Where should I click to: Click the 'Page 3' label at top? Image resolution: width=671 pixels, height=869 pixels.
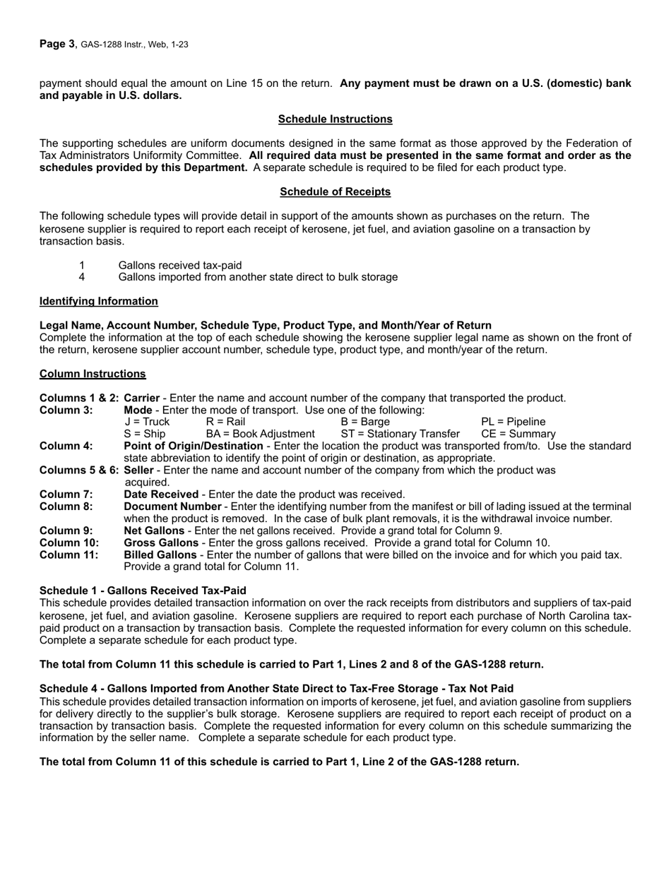pos(57,44)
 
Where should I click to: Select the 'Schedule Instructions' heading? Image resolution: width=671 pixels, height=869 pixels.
pos(335,119)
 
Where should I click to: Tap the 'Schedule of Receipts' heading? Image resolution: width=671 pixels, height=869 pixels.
pos(335,191)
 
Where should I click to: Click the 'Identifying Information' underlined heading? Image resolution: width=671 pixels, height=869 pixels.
pos(99,301)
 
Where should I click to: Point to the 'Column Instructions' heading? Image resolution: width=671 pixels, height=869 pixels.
pos(93,374)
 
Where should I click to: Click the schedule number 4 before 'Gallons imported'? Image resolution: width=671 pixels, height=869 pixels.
pos(82,277)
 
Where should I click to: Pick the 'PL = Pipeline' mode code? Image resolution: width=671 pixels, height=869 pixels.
pos(513,422)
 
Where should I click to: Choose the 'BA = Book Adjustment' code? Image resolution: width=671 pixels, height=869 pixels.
pos(260,434)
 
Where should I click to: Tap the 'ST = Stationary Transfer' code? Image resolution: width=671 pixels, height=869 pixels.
pos(400,434)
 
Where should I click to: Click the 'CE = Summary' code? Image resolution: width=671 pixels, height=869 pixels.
pos(518,434)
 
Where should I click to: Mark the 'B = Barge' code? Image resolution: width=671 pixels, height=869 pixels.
pos(364,422)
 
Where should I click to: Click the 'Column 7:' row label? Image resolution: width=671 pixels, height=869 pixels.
pos(66,494)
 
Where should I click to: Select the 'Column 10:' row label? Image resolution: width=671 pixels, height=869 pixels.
pos(69,543)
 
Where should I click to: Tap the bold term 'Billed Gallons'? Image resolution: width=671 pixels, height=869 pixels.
pos(160,555)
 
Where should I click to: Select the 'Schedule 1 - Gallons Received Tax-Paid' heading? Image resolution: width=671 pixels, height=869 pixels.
pos(143,590)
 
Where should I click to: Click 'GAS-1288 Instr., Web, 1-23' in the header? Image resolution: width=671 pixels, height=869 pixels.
pos(134,45)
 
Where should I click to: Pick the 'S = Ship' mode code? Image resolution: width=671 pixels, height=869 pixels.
pos(145,434)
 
